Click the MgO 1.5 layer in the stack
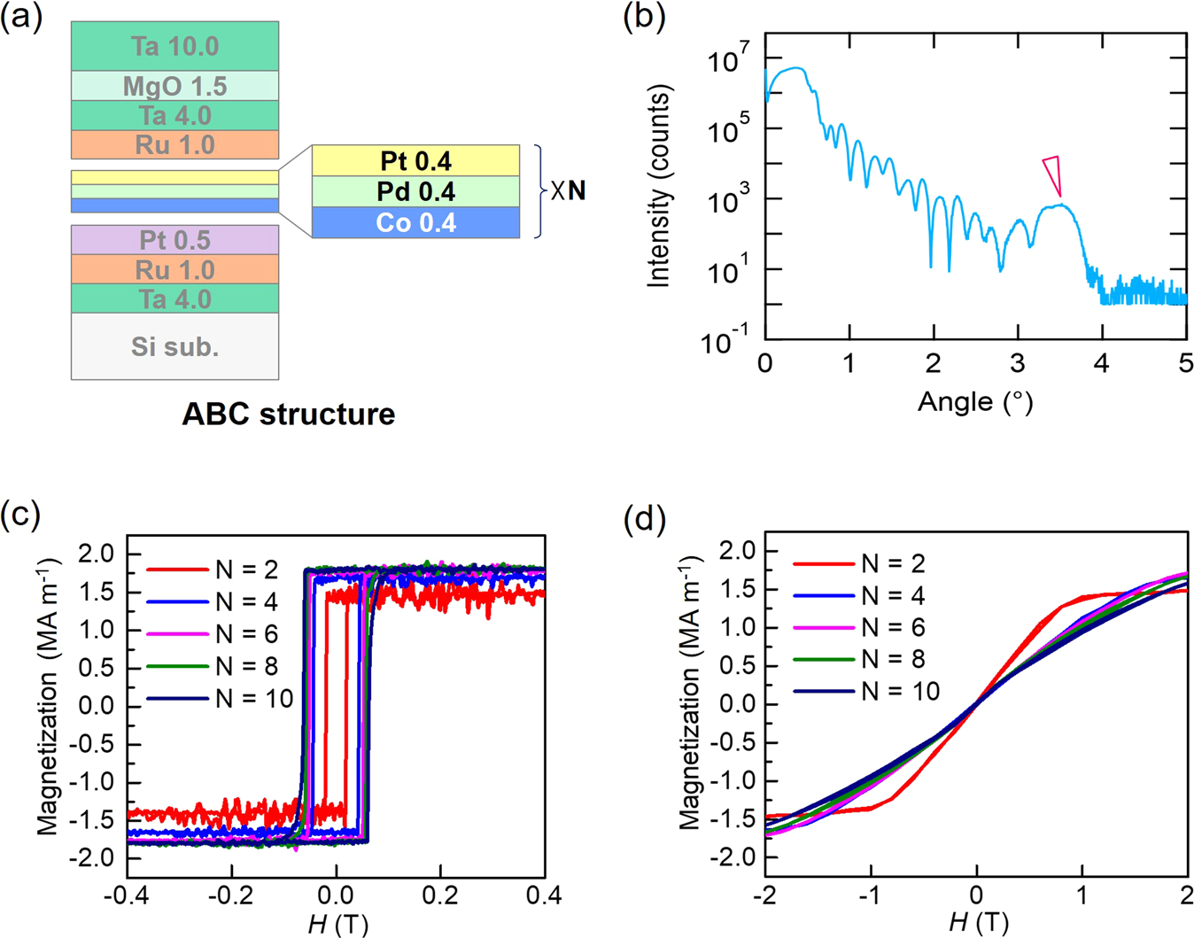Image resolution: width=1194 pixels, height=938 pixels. (x=174, y=86)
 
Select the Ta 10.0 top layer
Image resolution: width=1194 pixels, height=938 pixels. (x=174, y=46)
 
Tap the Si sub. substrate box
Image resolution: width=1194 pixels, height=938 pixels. (x=174, y=346)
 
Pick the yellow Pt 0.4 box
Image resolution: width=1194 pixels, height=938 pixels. (x=415, y=160)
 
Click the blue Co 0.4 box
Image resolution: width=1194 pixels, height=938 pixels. (x=415, y=222)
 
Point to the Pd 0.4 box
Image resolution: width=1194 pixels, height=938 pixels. (x=415, y=191)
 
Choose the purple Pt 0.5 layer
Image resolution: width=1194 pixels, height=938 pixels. (x=174, y=240)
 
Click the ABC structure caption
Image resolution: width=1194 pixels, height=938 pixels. (x=288, y=414)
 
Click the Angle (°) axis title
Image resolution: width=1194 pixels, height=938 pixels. (x=974, y=402)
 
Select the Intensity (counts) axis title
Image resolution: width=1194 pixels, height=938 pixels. (x=659, y=186)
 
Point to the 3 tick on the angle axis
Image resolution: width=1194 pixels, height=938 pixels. (x=1018, y=363)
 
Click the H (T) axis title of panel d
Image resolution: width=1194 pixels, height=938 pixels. (x=977, y=923)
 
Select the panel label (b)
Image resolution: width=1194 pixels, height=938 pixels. (x=644, y=18)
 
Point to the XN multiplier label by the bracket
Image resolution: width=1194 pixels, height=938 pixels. (x=568, y=190)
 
